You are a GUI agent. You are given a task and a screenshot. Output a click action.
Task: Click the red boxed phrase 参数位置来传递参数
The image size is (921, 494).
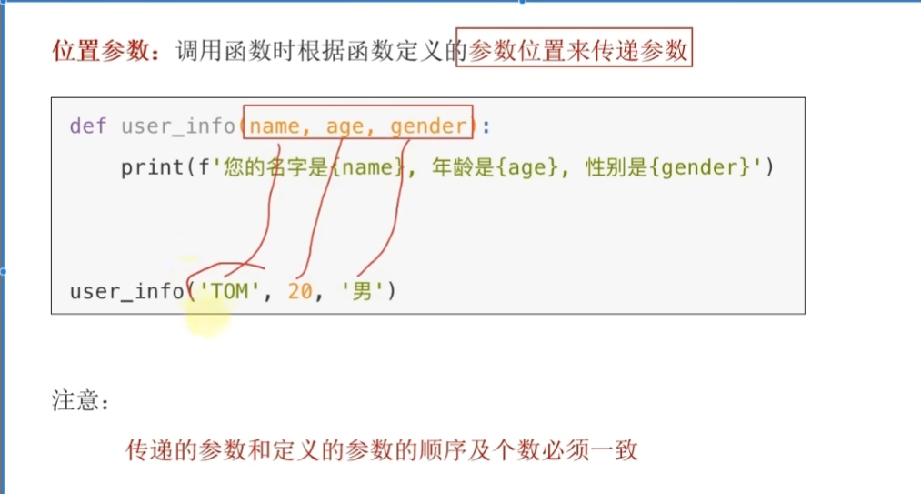[579, 51]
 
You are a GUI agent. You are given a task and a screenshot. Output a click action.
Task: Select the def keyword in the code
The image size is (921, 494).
[87, 126]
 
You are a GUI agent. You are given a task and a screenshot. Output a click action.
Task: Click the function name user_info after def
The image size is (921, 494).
[177, 126]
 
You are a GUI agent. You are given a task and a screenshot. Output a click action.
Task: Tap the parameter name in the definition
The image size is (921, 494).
[275, 126]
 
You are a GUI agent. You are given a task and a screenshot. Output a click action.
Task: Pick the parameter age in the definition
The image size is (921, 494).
[345, 126]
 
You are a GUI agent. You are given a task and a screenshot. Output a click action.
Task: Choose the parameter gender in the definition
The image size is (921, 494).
[428, 126]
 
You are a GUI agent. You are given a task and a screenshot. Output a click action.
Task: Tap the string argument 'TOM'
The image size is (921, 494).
[230, 292]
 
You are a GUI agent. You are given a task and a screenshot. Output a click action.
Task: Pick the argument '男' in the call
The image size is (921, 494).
[362, 292]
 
